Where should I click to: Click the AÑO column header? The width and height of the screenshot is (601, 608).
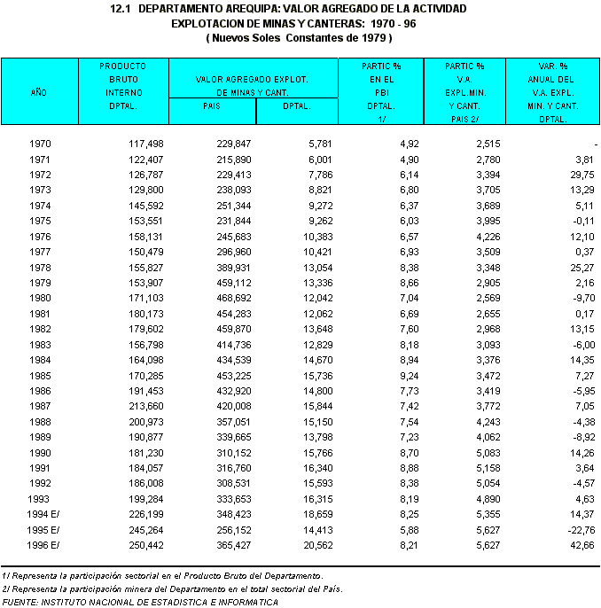point(38,91)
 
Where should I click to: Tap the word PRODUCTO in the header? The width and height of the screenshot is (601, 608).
point(122,66)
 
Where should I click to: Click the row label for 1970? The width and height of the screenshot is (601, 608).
point(39,144)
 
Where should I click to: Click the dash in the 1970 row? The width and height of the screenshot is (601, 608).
point(595,144)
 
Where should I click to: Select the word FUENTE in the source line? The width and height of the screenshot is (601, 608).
point(20,602)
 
